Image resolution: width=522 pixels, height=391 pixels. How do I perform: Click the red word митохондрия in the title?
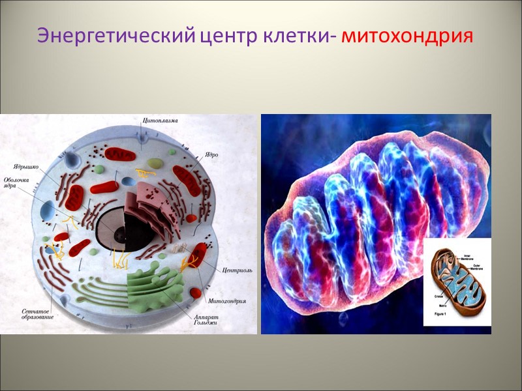pos(406,36)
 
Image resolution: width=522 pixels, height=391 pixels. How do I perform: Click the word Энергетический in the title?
pos(115,36)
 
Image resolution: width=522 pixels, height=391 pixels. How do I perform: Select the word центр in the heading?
pos(228,36)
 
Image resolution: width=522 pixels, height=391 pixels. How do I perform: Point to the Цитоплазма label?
pos(161,121)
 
